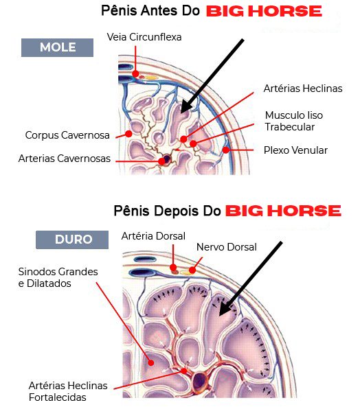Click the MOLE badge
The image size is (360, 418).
[x=58, y=48]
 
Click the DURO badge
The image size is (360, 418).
[x=72, y=240]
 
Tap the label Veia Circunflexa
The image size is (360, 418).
[x=144, y=37]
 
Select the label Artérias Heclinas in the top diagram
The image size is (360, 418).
[x=303, y=89]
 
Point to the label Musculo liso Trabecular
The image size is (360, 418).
[x=294, y=121]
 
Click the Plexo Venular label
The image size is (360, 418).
[x=295, y=150]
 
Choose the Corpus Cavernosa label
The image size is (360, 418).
[x=67, y=135]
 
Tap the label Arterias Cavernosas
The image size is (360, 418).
[x=65, y=159]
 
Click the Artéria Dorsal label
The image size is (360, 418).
[x=153, y=236]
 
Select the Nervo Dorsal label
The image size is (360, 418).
[x=227, y=247]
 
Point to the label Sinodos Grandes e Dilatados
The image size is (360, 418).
[x=58, y=277]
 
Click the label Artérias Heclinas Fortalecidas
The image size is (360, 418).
[x=68, y=392]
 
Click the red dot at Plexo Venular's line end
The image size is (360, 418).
[x=226, y=150]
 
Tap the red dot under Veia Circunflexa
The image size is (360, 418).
[x=135, y=73]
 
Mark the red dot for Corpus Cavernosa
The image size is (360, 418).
[x=128, y=134]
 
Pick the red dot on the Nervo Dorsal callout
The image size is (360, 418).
[x=192, y=270]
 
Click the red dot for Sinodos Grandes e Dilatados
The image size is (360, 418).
[x=151, y=363]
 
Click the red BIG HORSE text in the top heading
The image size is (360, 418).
[x=264, y=12]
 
